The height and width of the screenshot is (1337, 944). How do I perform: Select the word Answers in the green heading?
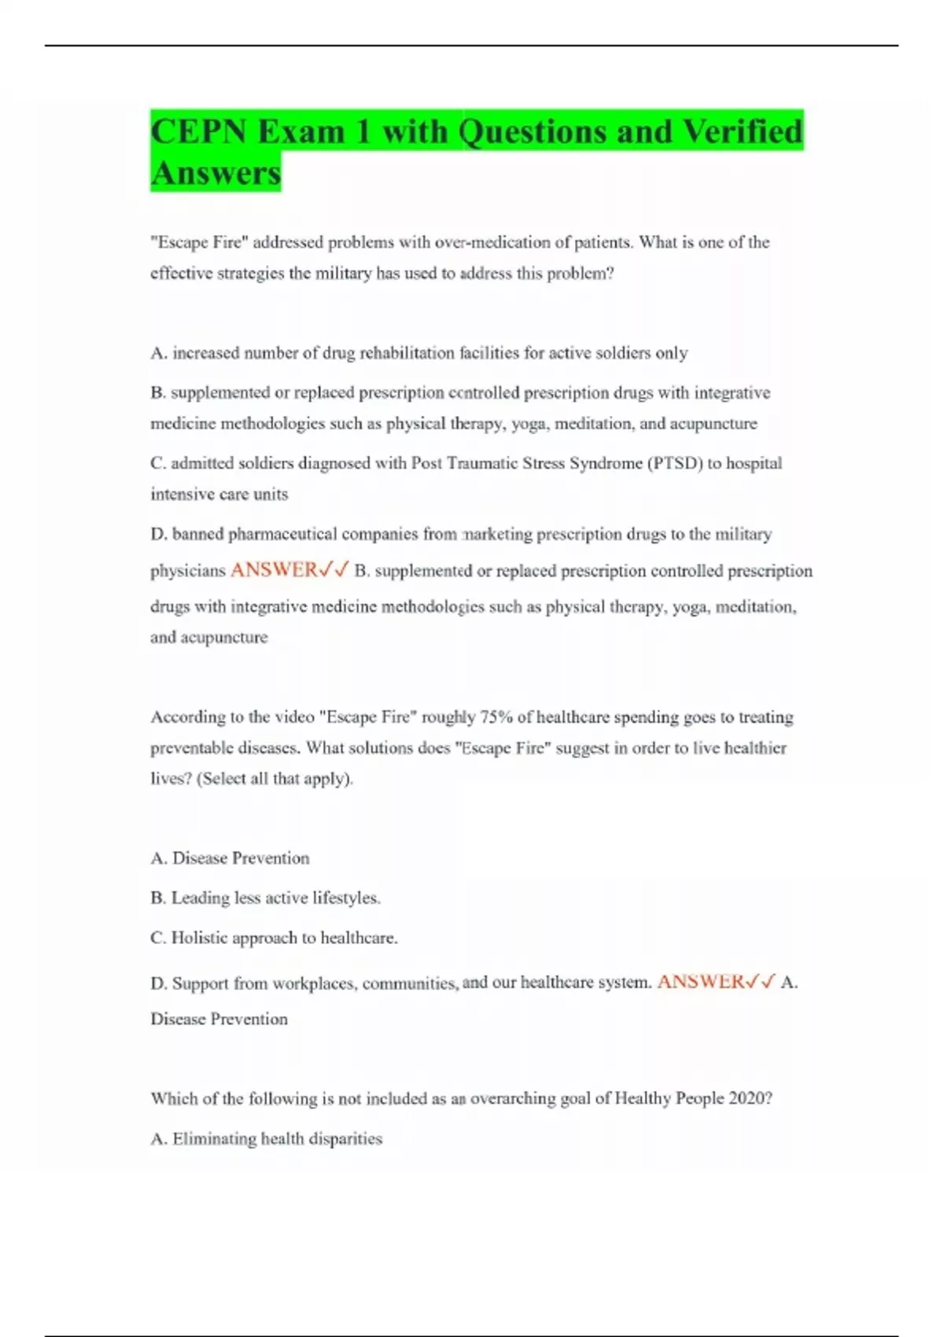pos(216,173)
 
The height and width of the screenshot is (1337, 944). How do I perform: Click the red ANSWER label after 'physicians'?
pos(274,570)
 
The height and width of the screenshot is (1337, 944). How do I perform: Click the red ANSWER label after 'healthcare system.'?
pos(700,982)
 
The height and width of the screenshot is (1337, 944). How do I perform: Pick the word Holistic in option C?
pos(199,937)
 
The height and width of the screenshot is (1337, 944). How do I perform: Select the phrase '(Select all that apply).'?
pos(275,779)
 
